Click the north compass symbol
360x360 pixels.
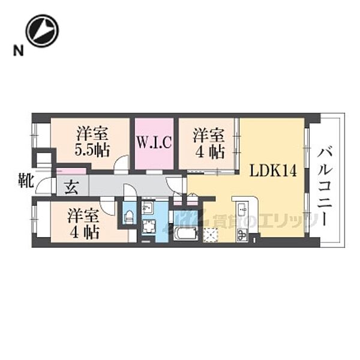coord(42,31)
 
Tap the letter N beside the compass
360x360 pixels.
coord(19,50)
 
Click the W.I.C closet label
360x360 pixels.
coord(154,142)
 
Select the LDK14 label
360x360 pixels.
coord(273,171)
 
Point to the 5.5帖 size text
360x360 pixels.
coord(92,150)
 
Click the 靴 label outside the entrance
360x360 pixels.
coord(26,181)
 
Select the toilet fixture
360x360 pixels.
coord(128,216)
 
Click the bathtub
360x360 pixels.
coord(185,233)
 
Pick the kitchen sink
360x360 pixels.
coord(242,209)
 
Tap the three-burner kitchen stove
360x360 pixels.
coord(242,235)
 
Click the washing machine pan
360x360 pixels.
coord(148,227)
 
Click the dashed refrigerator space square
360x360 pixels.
coord(211,235)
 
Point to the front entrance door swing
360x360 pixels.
coord(44,185)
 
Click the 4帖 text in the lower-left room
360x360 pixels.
coord(85,232)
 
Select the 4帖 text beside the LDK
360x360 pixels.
coord(209,152)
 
